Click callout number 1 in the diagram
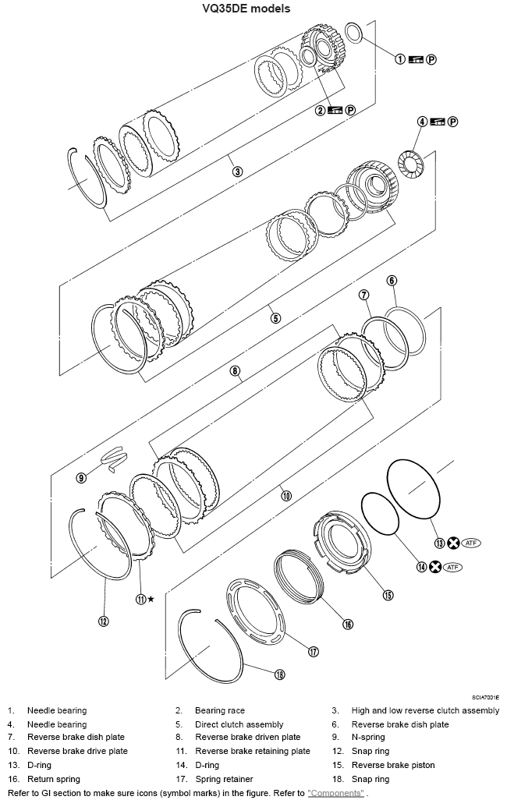(400, 58)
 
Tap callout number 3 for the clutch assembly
(238, 171)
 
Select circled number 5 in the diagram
(275, 317)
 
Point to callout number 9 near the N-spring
(81, 477)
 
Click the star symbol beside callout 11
(151, 599)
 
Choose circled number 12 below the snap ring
(103, 621)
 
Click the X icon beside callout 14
(435, 567)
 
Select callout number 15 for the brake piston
(388, 595)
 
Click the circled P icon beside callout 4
(452, 122)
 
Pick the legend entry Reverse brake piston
(393, 765)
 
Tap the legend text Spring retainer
(222, 779)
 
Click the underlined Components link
(335, 793)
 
